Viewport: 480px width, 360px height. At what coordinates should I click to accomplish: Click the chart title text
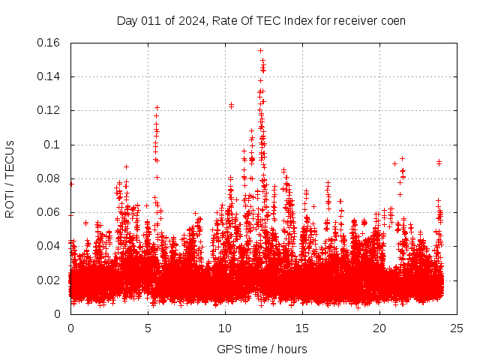tap(261, 20)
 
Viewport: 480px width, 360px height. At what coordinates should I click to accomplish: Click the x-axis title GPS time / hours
tap(262, 349)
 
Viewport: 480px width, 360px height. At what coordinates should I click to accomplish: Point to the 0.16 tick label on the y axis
tap(49, 43)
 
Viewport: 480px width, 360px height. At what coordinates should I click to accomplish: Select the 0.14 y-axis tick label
tap(49, 76)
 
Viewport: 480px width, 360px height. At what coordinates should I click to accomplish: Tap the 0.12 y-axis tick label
tap(49, 110)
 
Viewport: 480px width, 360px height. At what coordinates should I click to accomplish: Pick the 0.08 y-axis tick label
tap(49, 178)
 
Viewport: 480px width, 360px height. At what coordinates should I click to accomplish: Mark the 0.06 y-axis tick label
tap(49, 212)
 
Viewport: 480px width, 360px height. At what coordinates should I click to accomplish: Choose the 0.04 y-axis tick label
tap(49, 246)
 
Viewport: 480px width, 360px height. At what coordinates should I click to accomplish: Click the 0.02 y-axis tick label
tap(49, 280)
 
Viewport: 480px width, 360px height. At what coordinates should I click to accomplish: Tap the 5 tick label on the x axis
tap(148, 328)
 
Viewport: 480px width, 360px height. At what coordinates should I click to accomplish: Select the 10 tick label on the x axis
tap(225, 328)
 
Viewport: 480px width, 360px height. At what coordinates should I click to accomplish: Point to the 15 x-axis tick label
tap(302, 328)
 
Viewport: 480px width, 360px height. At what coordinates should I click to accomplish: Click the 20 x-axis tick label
tap(379, 328)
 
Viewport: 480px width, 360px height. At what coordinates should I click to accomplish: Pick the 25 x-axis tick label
tap(456, 328)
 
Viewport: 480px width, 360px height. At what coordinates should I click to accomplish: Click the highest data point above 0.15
tap(260, 51)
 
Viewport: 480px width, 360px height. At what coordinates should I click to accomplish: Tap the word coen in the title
tap(392, 20)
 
